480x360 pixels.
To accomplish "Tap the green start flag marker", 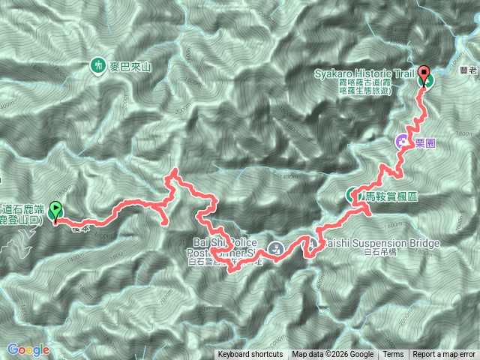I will coord(55,214).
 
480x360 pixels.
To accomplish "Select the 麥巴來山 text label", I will coord(130,67).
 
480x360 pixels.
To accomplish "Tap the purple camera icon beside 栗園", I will coord(403,140).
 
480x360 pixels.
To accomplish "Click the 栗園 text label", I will coord(424,140).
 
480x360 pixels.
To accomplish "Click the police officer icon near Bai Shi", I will coord(275,247).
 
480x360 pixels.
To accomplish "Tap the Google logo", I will coord(28,349).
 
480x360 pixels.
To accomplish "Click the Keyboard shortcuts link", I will coord(250,355).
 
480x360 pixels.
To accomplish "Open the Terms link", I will coord(393,355).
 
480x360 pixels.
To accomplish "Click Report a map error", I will coord(444,355).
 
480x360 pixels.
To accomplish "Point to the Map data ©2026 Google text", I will coord(332,355).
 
